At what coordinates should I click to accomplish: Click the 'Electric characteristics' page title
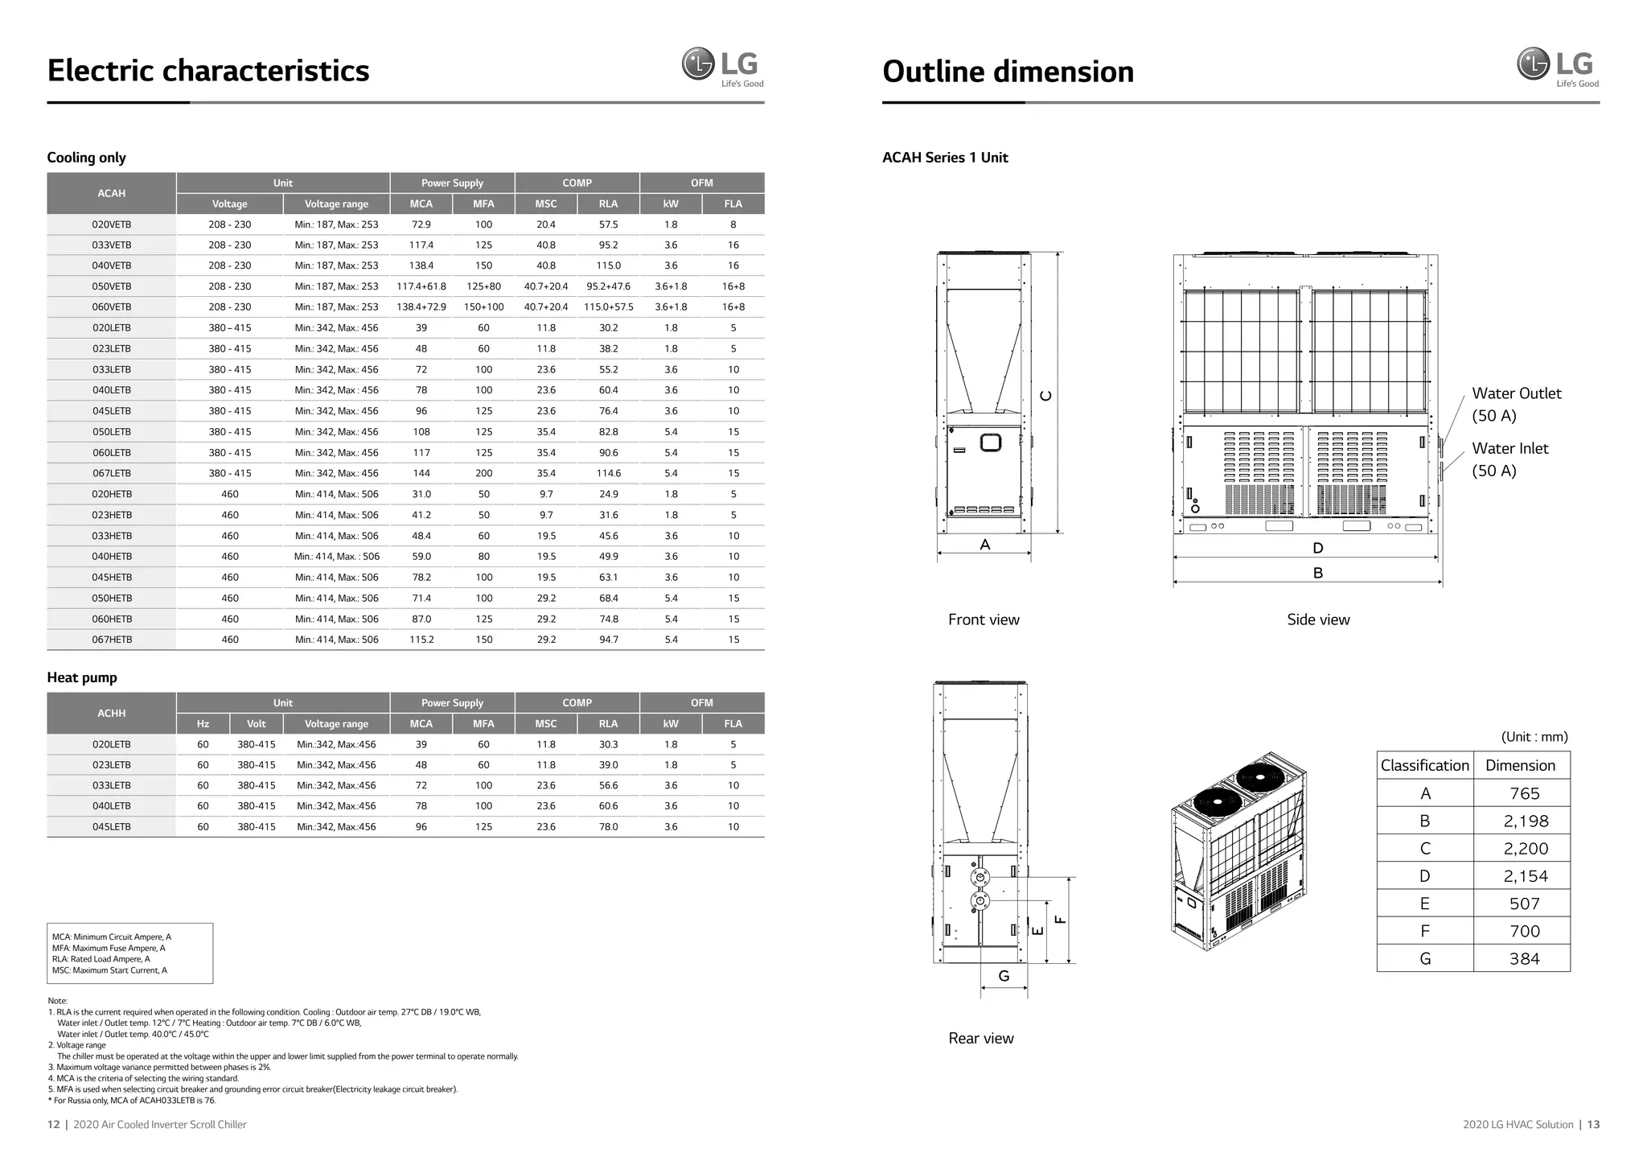tap(207, 71)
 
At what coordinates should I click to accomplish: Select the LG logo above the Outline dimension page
tap(1557, 66)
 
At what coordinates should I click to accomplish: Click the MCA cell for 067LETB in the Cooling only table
tap(421, 474)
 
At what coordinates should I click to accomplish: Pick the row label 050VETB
tap(111, 286)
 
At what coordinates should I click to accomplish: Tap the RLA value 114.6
tap(608, 474)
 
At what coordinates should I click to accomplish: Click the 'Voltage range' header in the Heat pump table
tap(336, 724)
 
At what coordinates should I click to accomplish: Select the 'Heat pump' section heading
tap(82, 677)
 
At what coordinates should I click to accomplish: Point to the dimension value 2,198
tap(1525, 821)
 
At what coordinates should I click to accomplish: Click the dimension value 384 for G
tap(1524, 959)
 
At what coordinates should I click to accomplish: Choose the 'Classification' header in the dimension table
tap(1424, 766)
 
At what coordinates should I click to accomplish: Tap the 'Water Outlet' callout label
tap(1516, 393)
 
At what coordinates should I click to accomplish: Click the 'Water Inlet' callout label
tap(1509, 449)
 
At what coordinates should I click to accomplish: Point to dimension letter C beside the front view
tap(1045, 396)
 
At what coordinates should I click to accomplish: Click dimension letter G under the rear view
tap(1004, 976)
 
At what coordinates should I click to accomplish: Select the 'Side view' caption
tap(1318, 620)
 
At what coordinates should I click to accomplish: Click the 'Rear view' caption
tap(980, 1039)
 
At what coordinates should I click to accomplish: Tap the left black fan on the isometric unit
tap(1218, 802)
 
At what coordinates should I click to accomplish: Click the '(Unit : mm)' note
tap(1534, 737)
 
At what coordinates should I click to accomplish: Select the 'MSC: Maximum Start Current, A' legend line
tap(109, 970)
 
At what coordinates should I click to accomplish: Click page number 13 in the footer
tap(1593, 1125)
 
